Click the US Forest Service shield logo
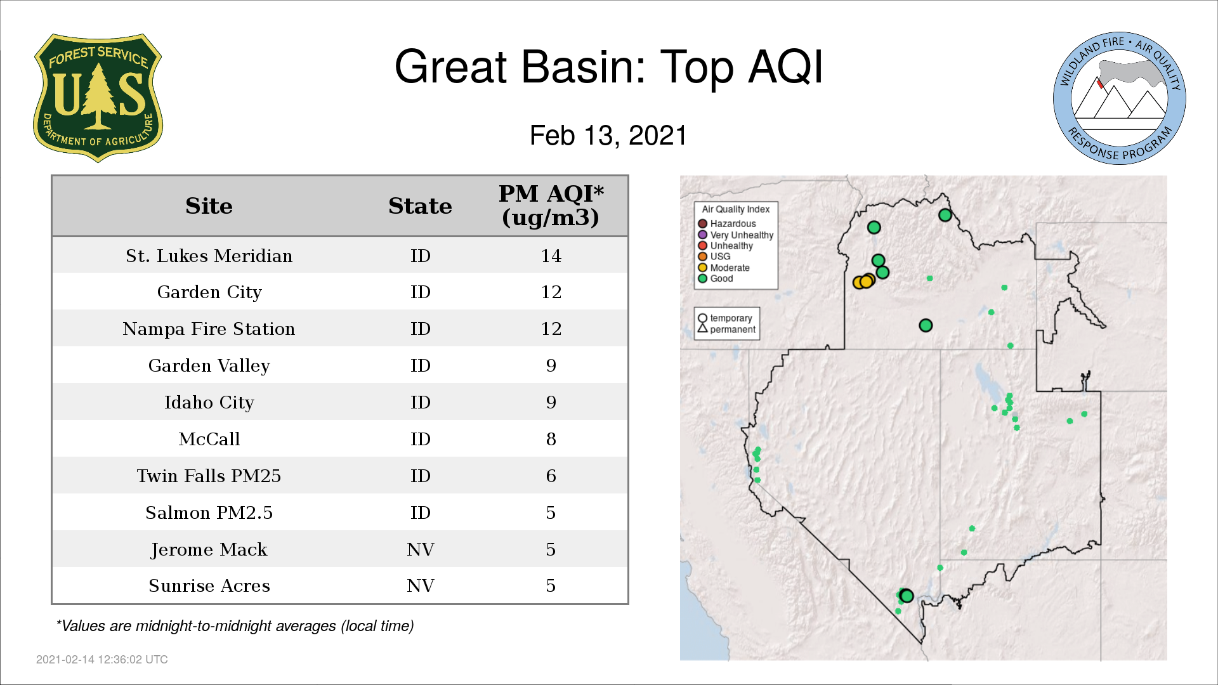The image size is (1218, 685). tap(98, 98)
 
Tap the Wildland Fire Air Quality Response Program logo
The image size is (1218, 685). tap(1120, 98)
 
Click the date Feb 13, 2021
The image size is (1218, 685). tap(608, 136)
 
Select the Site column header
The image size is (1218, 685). tap(209, 206)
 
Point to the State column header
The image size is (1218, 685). tap(420, 206)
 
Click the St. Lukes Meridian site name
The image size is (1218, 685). tap(209, 256)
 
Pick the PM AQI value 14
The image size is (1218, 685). tap(551, 256)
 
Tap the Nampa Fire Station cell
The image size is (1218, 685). tap(209, 329)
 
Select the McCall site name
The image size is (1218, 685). tap(209, 439)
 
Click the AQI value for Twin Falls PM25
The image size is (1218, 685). tap(551, 476)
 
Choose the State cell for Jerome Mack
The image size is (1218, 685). tap(420, 549)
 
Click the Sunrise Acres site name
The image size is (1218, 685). tap(209, 585)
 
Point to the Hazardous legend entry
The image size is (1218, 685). tap(727, 224)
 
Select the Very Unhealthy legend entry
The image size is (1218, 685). tap(736, 235)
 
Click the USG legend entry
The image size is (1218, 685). tap(714, 256)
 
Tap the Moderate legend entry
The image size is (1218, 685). tap(724, 268)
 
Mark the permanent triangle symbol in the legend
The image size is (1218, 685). tap(702, 329)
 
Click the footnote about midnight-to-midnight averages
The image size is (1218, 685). tap(235, 626)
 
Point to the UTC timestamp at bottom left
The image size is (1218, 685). tap(102, 660)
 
